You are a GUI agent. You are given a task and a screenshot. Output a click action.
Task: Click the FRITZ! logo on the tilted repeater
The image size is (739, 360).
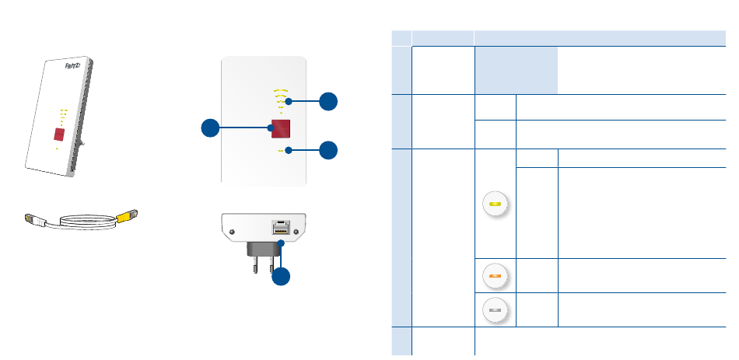pyautogui.click(x=74, y=66)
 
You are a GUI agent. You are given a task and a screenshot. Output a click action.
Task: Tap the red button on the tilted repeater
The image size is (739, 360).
pyautogui.click(x=59, y=135)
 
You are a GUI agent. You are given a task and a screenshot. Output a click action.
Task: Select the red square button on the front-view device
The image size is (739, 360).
pyautogui.click(x=280, y=128)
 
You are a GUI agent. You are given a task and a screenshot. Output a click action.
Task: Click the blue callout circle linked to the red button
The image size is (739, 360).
pyautogui.click(x=210, y=128)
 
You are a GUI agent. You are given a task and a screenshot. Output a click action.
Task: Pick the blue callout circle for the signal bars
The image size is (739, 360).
pyautogui.click(x=328, y=101)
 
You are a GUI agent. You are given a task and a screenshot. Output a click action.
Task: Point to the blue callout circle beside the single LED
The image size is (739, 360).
pyautogui.click(x=328, y=150)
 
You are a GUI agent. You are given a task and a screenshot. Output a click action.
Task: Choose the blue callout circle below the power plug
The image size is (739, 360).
pyautogui.click(x=281, y=276)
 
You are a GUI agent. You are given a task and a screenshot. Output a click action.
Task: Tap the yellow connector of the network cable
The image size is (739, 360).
pyautogui.click(x=127, y=216)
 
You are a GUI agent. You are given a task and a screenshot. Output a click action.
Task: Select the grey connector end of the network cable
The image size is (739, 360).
pyautogui.click(x=34, y=219)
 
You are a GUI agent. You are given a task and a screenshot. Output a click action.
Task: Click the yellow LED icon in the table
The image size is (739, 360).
pyautogui.click(x=495, y=204)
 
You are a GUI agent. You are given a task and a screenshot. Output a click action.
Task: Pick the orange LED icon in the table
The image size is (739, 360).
pyautogui.click(x=495, y=276)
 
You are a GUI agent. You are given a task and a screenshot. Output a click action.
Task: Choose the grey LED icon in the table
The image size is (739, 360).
pyautogui.click(x=495, y=310)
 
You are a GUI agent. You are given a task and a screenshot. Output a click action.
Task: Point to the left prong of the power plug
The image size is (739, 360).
pyautogui.click(x=255, y=266)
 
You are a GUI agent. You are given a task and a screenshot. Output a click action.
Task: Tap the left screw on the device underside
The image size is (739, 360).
pyautogui.click(x=231, y=232)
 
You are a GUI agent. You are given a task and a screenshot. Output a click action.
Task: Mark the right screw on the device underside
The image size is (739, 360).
pyautogui.click(x=296, y=232)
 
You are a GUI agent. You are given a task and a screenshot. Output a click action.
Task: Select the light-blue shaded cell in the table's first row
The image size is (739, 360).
pyautogui.click(x=516, y=70)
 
